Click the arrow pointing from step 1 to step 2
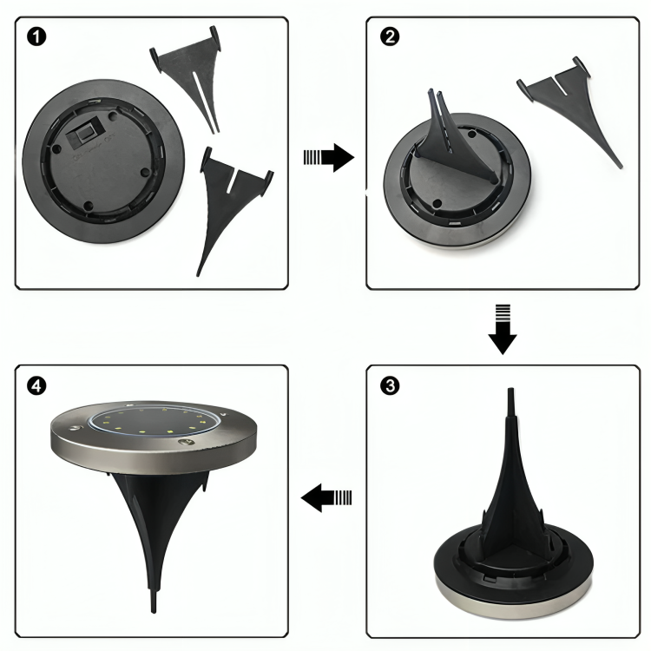pos(329,157)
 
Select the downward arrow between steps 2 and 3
pos(502,328)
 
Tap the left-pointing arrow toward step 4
pos(327,497)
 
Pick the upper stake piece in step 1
pos(187,78)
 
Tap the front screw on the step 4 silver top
pos(183,443)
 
